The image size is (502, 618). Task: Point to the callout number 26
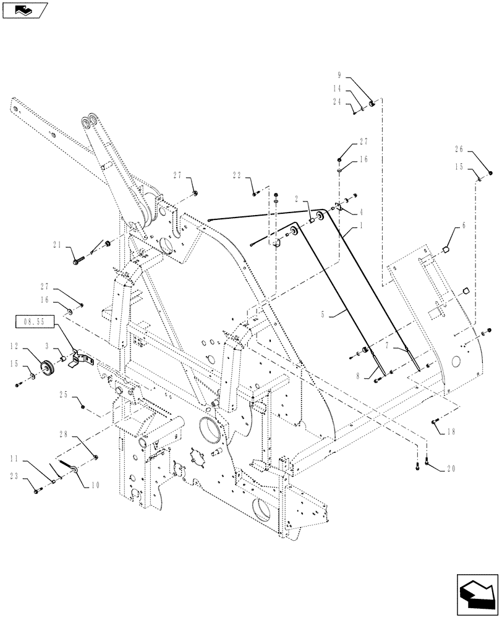coord(458,150)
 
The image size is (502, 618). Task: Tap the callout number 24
coord(337,103)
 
